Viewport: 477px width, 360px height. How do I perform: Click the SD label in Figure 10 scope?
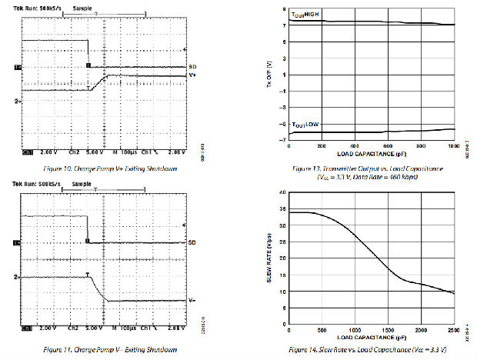pos(192,67)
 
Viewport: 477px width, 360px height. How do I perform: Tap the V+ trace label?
pos(192,76)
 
